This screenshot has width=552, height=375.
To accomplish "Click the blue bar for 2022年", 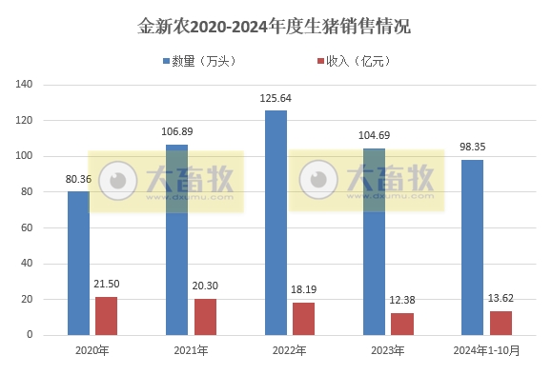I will [276, 223].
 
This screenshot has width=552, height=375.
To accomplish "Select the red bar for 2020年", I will [107, 316].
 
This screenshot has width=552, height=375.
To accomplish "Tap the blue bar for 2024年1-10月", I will [472, 247].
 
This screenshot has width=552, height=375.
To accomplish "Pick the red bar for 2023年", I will [402, 324].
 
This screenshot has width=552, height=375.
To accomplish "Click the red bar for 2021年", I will [205, 317].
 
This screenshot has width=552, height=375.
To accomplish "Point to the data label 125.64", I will [276, 98].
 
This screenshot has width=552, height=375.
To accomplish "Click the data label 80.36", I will [79, 178].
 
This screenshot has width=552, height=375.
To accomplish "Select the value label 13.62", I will [501, 298].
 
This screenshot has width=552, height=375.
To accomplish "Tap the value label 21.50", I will [107, 285].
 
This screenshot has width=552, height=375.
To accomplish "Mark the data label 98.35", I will [472, 147].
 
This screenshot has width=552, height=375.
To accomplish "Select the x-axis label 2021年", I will [191, 351].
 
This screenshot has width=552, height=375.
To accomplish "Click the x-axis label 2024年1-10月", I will [486, 351].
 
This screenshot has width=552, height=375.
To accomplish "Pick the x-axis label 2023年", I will [388, 351].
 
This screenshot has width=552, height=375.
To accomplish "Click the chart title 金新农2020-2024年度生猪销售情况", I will [275, 26].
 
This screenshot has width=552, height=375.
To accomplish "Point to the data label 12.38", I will [402, 301].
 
